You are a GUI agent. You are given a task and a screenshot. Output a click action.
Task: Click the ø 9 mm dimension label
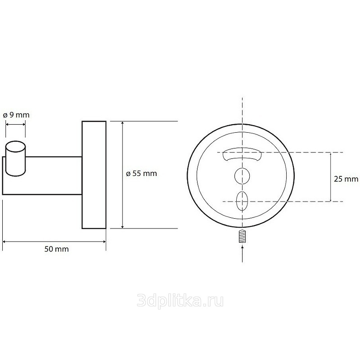16,115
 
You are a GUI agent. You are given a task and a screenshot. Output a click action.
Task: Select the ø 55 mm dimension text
141,173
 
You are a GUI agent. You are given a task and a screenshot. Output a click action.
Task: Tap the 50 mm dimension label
57,249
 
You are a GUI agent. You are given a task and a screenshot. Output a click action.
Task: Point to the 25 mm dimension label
346,179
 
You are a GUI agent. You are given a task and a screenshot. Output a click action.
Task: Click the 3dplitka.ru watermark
180,301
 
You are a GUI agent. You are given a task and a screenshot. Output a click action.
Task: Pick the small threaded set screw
242,236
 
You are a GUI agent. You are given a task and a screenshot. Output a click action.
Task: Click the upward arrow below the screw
243,254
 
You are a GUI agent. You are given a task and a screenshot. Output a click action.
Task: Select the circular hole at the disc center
242,176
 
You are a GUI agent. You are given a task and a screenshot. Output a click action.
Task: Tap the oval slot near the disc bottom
242,201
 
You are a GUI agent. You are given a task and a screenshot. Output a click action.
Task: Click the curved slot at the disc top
242,157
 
